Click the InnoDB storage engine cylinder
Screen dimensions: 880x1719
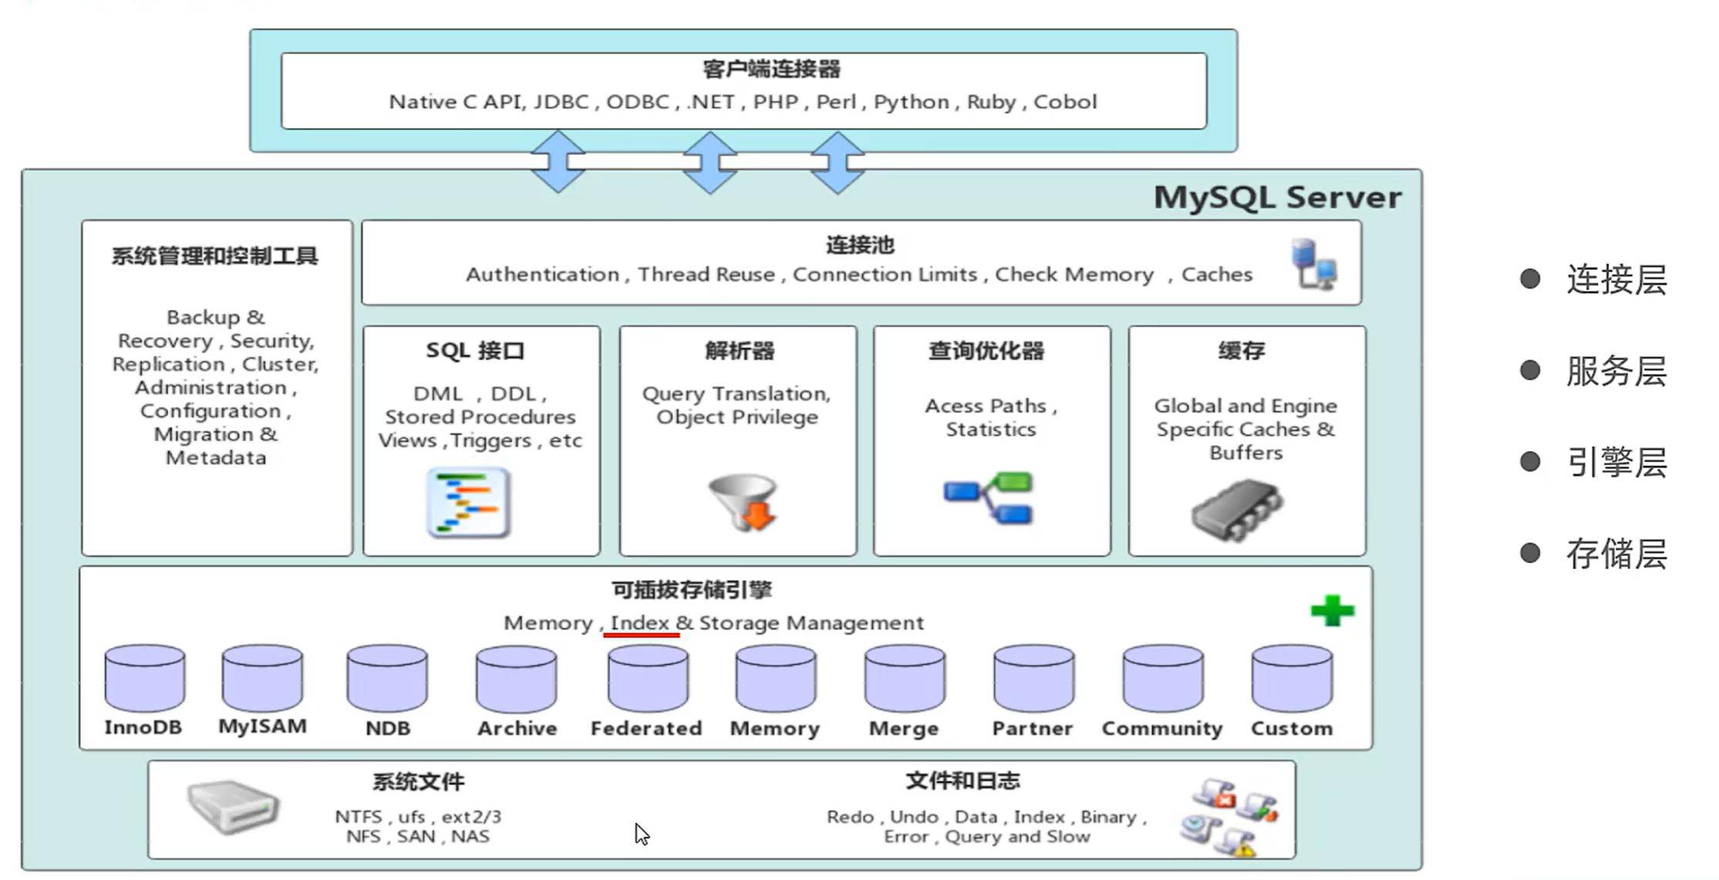(x=144, y=678)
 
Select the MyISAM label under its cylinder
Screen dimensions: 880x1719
(x=262, y=727)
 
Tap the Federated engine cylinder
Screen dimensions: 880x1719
(x=647, y=678)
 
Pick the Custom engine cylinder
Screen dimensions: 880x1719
(x=1291, y=678)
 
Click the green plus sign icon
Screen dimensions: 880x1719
(x=1332, y=611)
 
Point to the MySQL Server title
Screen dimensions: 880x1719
(x=1277, y=197)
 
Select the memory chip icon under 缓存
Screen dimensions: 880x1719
(x=1236, y=509)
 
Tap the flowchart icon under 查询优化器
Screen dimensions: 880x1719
(x=989, y=498)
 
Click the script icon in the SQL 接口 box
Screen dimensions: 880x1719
(x=468, y=502)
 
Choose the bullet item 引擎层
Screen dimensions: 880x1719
(x=1616, y=463)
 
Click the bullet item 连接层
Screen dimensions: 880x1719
(x=1616, y=279)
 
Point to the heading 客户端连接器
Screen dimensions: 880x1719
(x=771, y=69)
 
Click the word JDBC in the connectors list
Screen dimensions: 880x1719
(x=561, y=102)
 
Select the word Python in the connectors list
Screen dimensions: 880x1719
(x=911, y=102)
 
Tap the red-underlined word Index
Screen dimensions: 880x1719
(x=640, y=623)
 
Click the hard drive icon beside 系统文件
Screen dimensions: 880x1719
(x=233, y=807)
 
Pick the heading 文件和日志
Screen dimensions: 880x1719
(x=962, y=781)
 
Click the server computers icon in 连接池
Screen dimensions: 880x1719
(x=1314, y=264)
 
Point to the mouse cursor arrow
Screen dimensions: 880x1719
(x=641, y=833)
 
